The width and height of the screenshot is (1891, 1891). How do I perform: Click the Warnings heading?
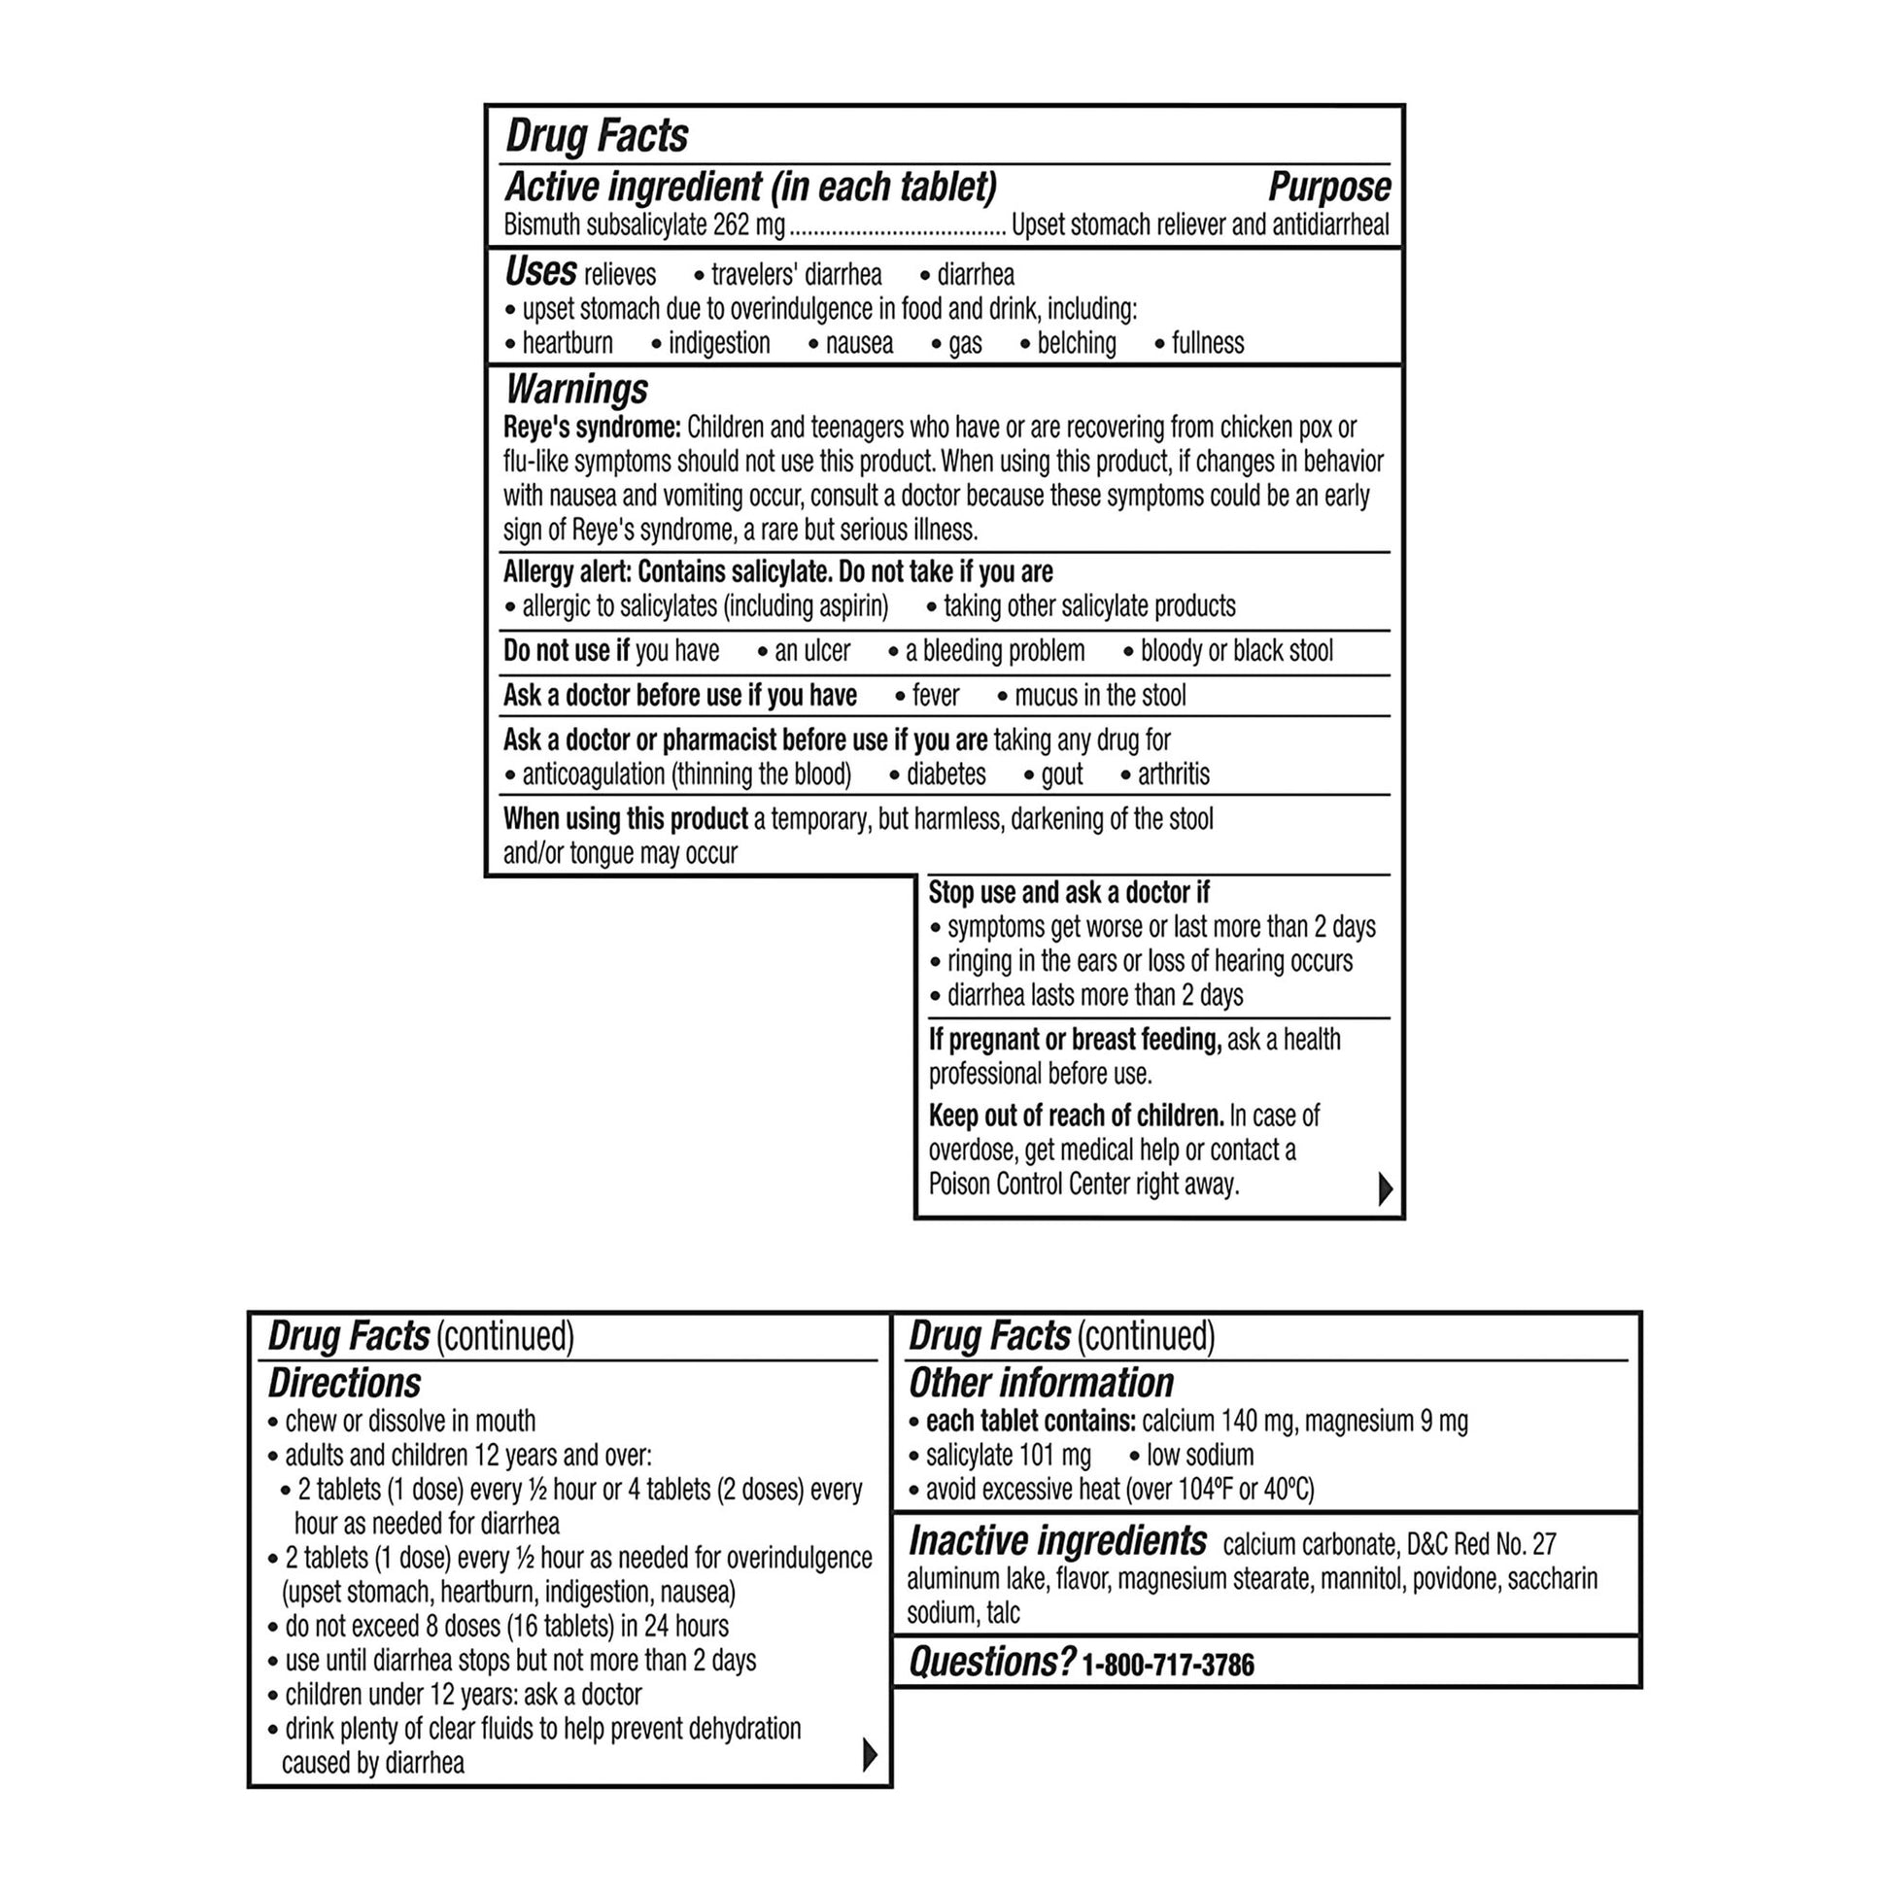point(575,390)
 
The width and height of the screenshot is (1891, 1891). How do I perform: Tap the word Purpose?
point(1328,187)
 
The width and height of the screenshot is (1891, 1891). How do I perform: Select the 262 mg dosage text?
point(749,226)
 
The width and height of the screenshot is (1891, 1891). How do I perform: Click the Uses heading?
point(539,271)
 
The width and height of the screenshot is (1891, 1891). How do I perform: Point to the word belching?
point(1076,344)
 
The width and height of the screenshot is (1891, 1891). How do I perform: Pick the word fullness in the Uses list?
point(1207,344)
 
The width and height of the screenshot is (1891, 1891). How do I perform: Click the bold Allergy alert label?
point(567,571)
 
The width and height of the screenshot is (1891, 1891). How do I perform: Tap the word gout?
point(1061,774)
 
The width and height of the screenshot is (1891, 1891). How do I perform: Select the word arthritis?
point(1173,774)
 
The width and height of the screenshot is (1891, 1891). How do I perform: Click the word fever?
point(935,696)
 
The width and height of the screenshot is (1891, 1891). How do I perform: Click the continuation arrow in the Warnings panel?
point(1385,1188)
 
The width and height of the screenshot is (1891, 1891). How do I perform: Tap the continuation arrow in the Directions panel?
point(869,1755)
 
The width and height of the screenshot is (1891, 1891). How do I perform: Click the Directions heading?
point(345,1383)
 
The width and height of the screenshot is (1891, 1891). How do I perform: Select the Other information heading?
point(1041,1383)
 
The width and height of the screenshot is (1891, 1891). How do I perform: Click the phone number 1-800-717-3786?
point(1168,1665)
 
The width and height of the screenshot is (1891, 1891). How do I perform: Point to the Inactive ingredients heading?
point(1057,1541)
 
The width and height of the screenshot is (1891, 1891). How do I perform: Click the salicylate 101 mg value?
point(1008,1456)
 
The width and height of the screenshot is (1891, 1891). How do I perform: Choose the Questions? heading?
point(991,1662)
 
